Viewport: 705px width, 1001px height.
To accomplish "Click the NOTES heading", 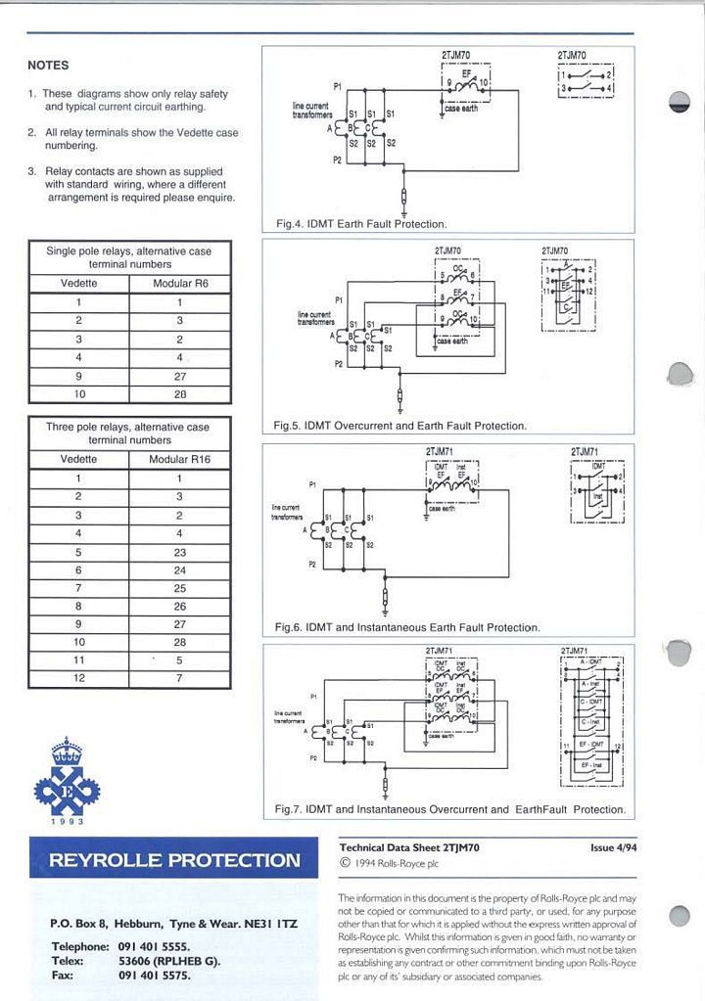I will [x=48, y=66].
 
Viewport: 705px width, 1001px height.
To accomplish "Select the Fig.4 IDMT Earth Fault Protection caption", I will [x=361, y=224].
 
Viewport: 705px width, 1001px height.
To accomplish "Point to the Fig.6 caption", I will [x=406, y=627].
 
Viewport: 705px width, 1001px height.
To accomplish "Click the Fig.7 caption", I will [x=449, y=809].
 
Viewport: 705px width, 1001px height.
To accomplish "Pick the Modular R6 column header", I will [x=180, y=284].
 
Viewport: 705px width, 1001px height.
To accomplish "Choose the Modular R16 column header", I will [x=179, y=458].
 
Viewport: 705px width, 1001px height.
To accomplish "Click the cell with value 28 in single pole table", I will [x=180, y=394].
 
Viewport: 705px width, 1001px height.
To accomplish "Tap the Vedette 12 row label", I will [x=78, y=677].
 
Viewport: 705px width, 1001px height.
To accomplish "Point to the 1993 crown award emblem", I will [x=67, y=782].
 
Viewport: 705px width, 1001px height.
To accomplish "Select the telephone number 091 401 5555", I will [x=154, y=946].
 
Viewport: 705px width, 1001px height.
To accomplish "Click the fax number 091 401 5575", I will [x=154, y=976].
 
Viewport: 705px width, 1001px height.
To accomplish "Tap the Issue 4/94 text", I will [x=613, y=847].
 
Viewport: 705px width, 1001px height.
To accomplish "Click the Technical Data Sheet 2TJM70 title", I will [x=408, y=847].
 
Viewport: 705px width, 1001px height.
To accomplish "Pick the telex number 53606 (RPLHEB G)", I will [x=169, y=961].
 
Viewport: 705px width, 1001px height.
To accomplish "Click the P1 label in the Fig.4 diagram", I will [x=337, y=86].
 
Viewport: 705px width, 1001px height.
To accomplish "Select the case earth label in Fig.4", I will [x=460, y=109].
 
